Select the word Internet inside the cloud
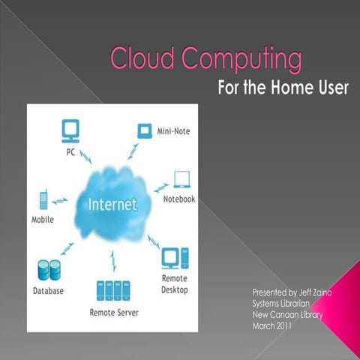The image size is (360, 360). click(112, 203)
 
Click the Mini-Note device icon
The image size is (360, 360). click(143, 130)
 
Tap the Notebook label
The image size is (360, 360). click(179, 199)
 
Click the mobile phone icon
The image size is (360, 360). click(43, 201)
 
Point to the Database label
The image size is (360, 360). click(48, 291)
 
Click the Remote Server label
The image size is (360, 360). click(114, 311)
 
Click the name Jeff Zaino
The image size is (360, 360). click(304, 291)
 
